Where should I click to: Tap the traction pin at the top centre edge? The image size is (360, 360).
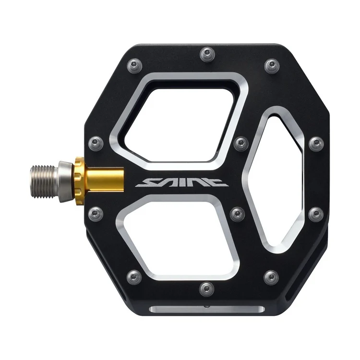(207, 51)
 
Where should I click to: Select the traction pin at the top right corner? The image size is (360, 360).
(271, 64)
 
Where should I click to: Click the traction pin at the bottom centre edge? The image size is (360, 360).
(206, 288)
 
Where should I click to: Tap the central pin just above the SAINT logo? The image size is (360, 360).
(240, 143)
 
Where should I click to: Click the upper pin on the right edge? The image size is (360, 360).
(316, 143)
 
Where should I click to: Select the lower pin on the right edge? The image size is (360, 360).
(316, 213)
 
